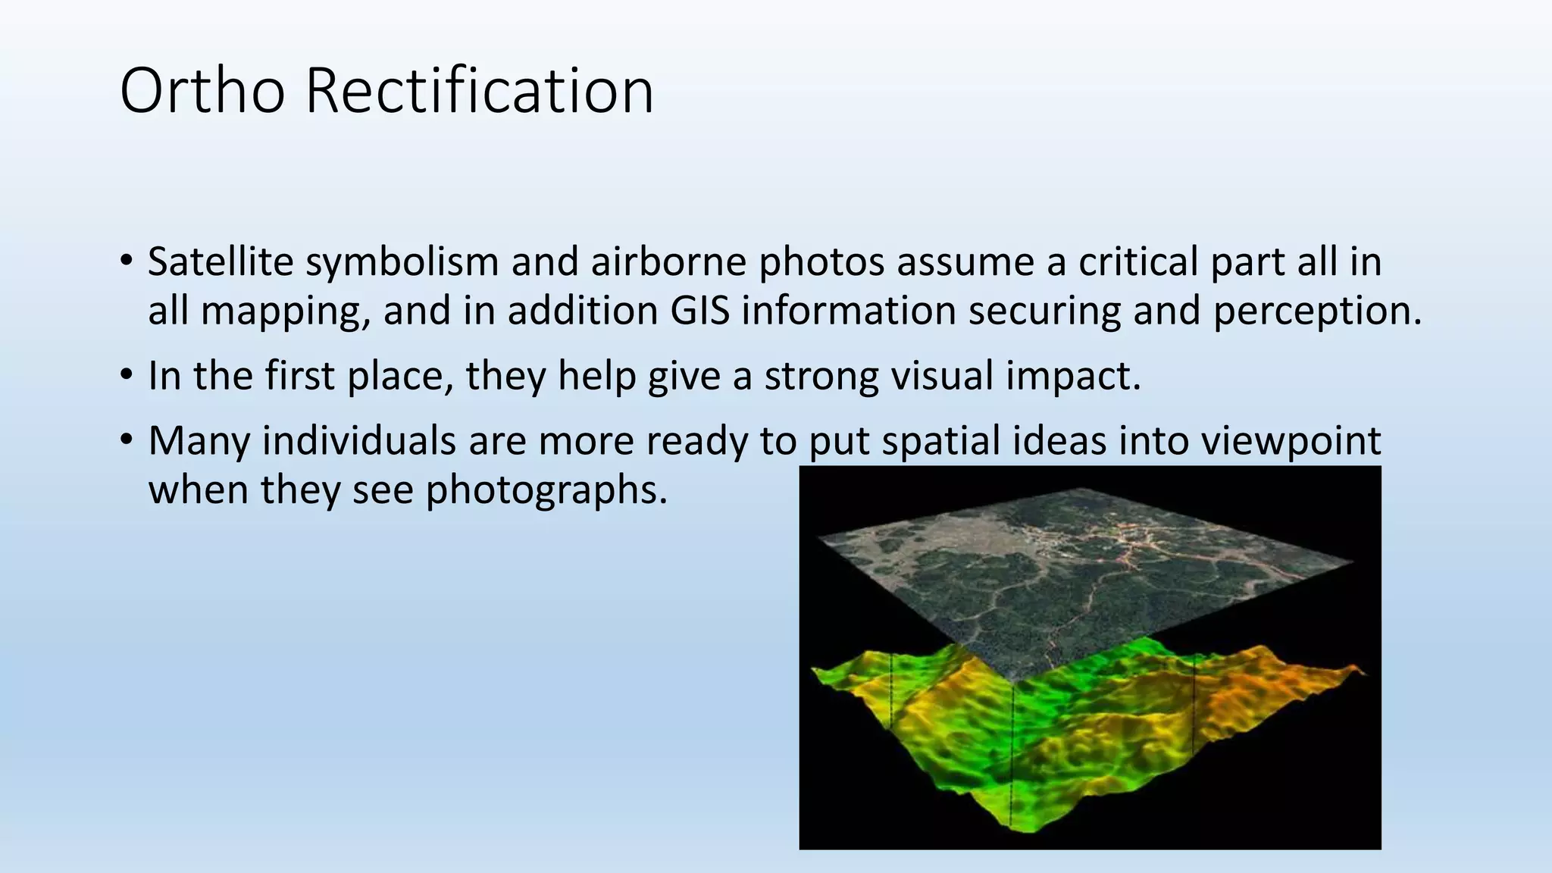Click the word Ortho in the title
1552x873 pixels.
[202, 91]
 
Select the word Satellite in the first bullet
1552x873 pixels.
[221, 261]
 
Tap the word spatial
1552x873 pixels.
[935, 442]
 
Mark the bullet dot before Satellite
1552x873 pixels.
[126, 262]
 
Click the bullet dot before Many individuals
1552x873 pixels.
[126, 441]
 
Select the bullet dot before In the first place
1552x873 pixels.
[126, 376]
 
